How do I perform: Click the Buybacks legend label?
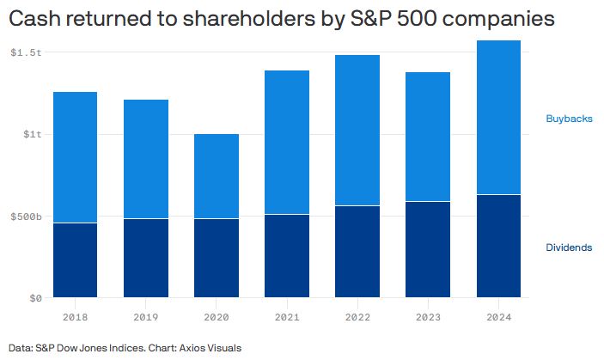[x=569, y=119]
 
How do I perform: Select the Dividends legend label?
[x=569, y=247]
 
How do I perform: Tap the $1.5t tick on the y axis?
[x=26, y=52]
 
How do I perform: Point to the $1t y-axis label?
[x=32, y=134]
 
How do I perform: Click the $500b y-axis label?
[x=26, y=217]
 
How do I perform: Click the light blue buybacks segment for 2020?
[x=216, y=176]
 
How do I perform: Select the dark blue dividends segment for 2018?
[x=75, y=260]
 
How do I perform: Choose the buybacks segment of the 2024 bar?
[x=498, y=118]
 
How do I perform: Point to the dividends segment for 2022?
[x=357, y=252]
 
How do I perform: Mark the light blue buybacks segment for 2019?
[x=145, y=159]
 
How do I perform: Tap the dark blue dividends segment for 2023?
[x=428, y=250]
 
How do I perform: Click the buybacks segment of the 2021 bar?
[x=287, y=142]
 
